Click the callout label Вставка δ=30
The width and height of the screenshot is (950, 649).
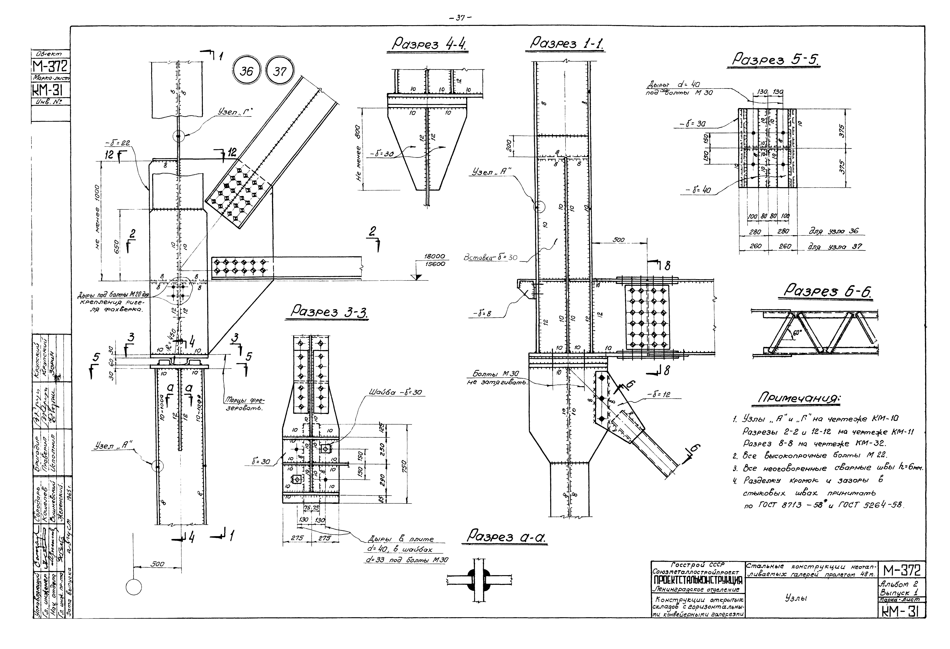click(x=490, y=258)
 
